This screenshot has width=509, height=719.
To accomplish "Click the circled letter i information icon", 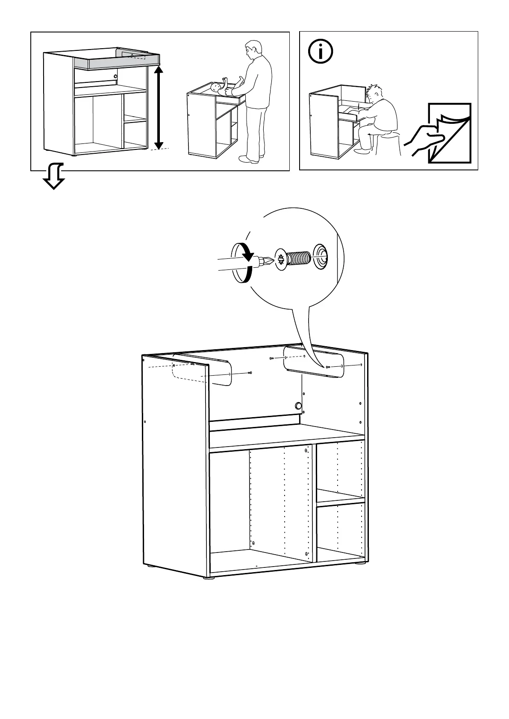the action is coord(321,52).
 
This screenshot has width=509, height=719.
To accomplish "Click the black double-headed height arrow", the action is coord(159,107).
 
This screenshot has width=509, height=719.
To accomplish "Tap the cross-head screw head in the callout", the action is coord(281,259).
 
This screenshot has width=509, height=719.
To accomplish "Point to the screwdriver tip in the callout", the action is coord(266,260).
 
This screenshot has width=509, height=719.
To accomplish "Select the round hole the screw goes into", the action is coord(320,258).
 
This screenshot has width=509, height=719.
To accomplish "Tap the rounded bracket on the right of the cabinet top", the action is coord(314,362).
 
